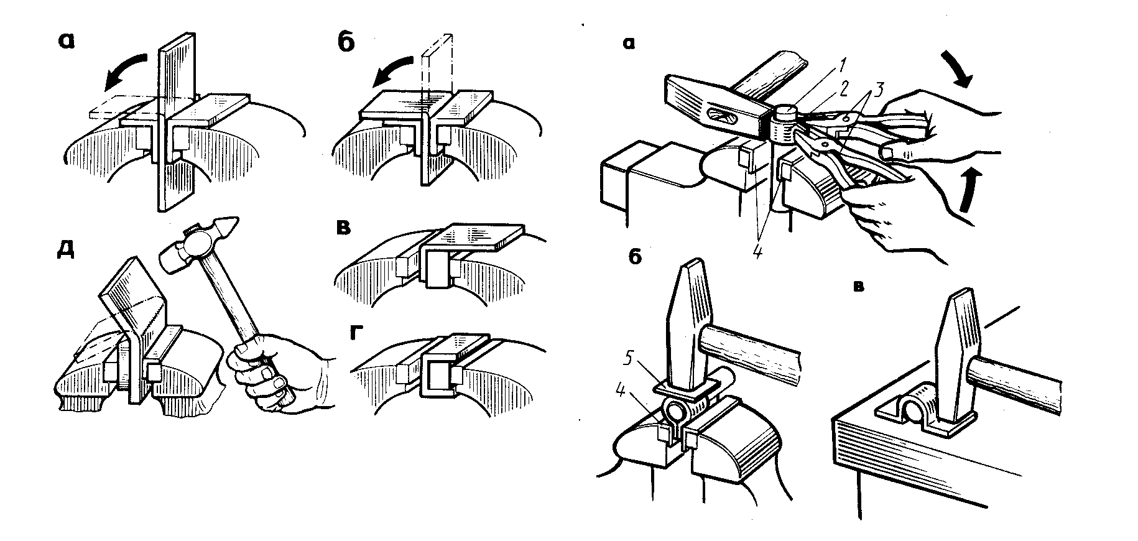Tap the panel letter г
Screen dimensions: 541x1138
click(x=356, y=334)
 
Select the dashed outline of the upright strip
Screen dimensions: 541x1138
click(x=438, y=68)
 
